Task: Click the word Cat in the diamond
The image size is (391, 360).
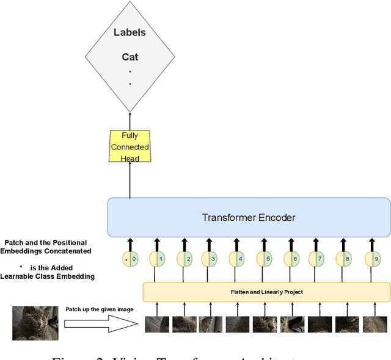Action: click(130, 57)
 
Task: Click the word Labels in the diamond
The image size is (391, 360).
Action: click(130, 32)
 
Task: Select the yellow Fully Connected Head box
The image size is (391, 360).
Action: click(130, 146)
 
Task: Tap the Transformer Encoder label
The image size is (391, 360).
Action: click(249, 217)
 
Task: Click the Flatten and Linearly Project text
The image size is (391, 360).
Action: click(266, 292)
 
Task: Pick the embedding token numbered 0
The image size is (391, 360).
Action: click(130, 259)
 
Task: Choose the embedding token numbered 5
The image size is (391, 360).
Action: click(265, 259)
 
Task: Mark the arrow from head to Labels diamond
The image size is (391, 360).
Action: click(130, 121)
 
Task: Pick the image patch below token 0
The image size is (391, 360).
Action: click(157, 324)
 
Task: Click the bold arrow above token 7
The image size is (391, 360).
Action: click(318, 244)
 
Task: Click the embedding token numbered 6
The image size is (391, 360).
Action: click(291, 259)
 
